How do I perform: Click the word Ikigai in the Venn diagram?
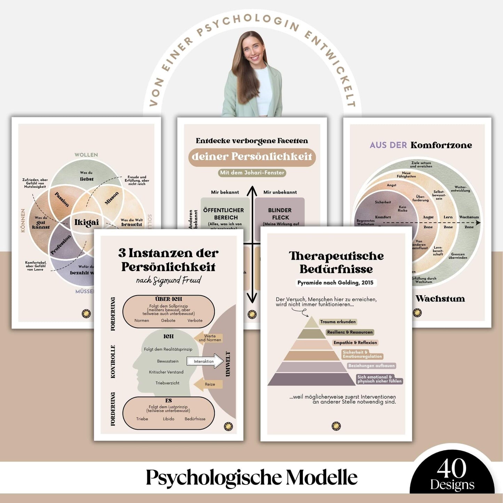click(86, 222)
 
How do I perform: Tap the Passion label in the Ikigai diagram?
click(62, 199)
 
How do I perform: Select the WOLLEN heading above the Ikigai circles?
click(86, 155)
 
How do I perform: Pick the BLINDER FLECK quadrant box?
click(280, 213)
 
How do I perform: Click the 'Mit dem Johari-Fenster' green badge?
click(252, 173)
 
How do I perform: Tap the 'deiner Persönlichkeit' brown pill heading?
click(252, 157)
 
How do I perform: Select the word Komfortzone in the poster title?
click(441, 145)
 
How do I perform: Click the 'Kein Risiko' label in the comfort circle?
click(402, 209)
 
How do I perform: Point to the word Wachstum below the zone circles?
click(440, 299)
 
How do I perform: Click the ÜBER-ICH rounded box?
click(168, 311)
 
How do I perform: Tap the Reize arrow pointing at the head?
click(208, 384)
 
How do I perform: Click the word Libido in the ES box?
click(168, 419)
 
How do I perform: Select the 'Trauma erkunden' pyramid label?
click(338, 322)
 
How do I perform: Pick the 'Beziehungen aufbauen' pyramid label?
click(371, 366)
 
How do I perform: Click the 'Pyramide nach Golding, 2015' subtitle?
click(335, 283)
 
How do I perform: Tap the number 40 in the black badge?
click(451, 469)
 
